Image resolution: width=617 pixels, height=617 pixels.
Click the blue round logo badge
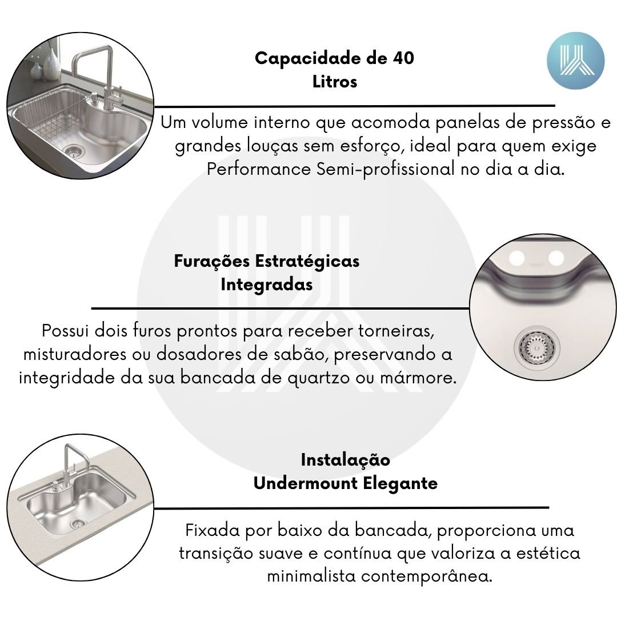[575, 61]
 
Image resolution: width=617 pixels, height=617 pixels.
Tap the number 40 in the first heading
[403, 58]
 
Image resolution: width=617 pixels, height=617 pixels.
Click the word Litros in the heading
[335, 82]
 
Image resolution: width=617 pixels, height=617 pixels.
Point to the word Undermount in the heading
[306, 483]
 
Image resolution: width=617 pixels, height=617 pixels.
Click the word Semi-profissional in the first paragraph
[386, 169]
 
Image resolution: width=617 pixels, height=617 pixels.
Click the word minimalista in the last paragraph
[312, 576]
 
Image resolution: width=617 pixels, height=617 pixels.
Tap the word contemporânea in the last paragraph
[427, 577]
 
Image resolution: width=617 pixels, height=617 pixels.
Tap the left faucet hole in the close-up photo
[516, 259]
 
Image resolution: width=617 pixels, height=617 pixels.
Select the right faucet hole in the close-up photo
[556, 258]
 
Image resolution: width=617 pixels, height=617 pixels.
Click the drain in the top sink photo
[74, 150]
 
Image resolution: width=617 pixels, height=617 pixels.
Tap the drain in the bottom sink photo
[78, 523]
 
